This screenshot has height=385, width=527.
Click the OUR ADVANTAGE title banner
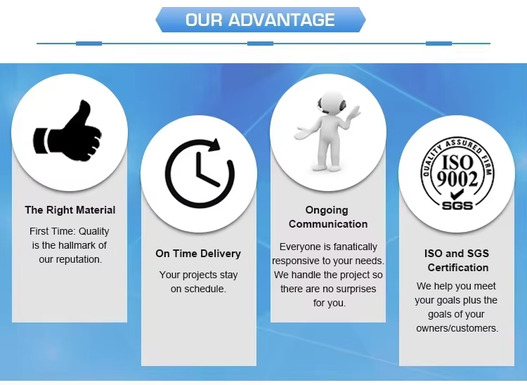[260, 20]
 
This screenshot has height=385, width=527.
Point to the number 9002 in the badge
[457, 178]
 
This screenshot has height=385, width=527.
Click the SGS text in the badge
[457, 205]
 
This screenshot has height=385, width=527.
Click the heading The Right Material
[70, 210]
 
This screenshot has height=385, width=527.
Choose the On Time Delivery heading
[198, 254]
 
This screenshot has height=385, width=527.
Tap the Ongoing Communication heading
[327, 217]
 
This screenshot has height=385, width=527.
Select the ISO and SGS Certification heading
[457, 261]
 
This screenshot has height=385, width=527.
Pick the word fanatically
[354, 247]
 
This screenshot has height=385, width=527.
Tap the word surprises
[353, 289]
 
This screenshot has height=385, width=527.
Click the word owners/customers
[457, 328]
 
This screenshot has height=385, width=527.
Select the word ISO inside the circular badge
[458, 162]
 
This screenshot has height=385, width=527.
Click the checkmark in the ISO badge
[457, 193]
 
